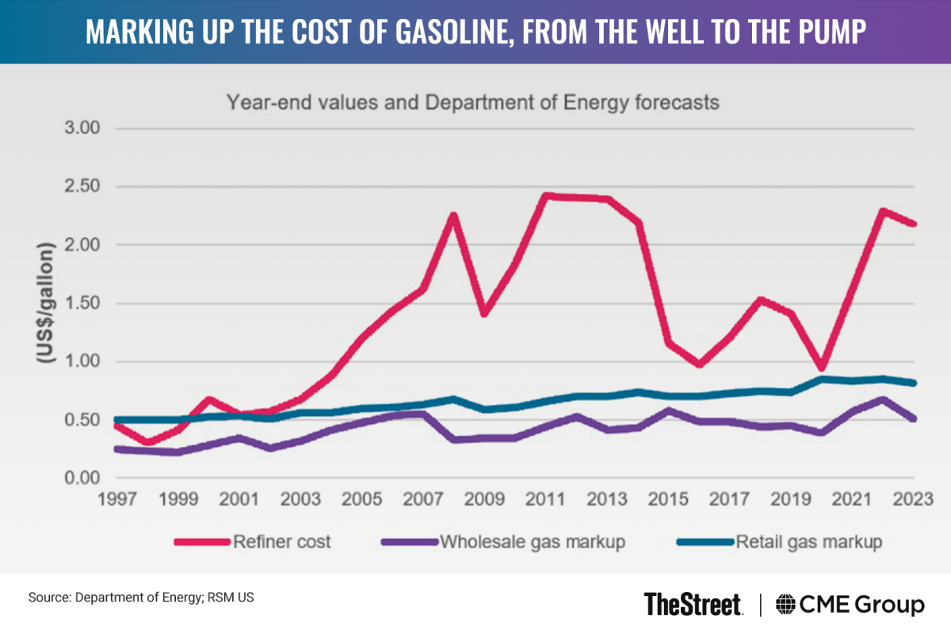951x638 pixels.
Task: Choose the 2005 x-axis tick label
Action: click(362, 500)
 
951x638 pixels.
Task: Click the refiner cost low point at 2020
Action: click(822, 368)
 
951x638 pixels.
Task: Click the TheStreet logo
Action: click(693, 605)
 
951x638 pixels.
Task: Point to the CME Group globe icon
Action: click(786, 605)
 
